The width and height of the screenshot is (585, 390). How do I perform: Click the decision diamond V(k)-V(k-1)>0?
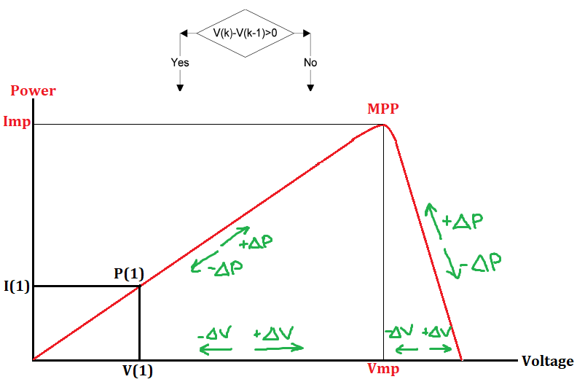[x=245, y=33]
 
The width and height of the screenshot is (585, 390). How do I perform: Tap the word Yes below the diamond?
[x=180, y=63]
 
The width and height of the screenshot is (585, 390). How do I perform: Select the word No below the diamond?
[x=310, y=63]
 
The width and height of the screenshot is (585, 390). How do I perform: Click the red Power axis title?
[x=33, y=91]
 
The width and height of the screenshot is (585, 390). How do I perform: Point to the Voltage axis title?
[x=548, y=361]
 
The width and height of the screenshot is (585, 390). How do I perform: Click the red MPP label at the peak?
[x=383, y=110]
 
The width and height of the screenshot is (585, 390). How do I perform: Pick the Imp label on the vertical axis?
[x=17, y=122]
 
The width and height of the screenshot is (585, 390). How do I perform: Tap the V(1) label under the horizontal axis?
[x=138, y=370]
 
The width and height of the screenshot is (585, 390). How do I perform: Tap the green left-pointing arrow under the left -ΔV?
[x=216, y=350]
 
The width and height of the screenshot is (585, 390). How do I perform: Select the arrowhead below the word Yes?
[x=180, y=87]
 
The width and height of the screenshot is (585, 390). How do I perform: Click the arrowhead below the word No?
[x=310, y=87]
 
